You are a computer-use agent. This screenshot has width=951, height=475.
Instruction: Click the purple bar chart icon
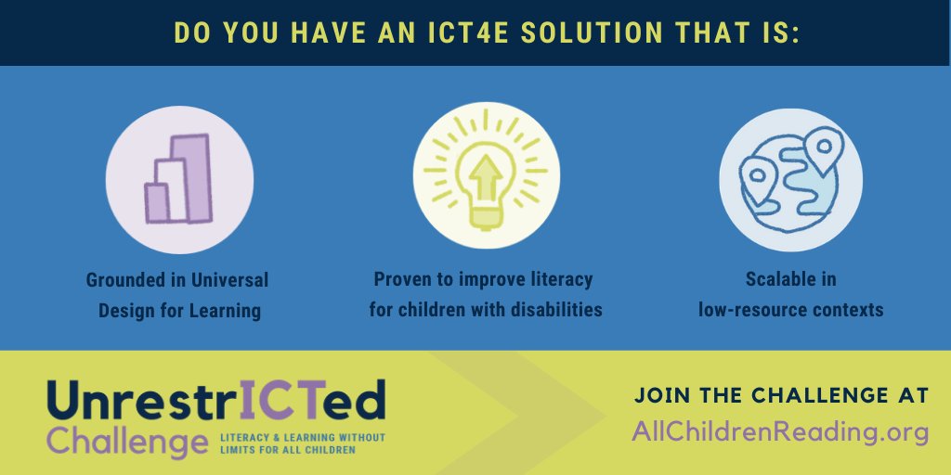click(x=178, y=181)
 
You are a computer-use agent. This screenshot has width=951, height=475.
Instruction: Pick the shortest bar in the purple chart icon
click(x=157, y=201)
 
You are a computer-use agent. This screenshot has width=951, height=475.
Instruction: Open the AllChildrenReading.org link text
click(x=780, y=431)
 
